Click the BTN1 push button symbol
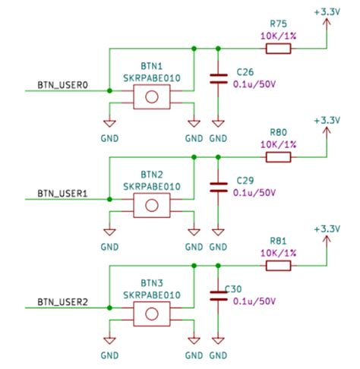point(152,96)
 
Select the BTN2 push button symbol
point(152,204)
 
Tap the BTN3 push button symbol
point(152,312)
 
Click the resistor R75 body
point(278,49)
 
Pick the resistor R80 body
point(278,157)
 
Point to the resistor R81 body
point(278,266)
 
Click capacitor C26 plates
point(218,78)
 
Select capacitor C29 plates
point(218,187)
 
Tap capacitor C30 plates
point(218,295)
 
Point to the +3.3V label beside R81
point(327,229)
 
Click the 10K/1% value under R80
point(278,143)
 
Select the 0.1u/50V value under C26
point(253,85)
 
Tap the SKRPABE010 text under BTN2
point(152,186)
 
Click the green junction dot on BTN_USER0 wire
point(109,91)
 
